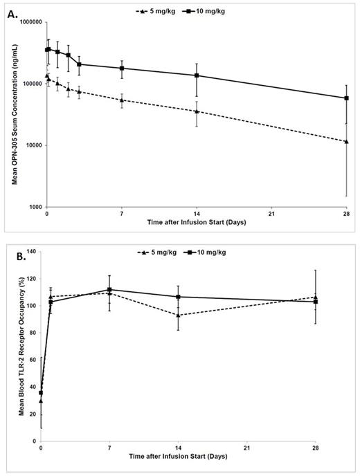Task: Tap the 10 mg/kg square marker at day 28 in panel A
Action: [346, 98]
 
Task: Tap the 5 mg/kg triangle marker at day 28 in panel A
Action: [346, 141]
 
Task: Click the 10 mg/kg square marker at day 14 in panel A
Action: [197, 75]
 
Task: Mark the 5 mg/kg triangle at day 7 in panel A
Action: [122, 100]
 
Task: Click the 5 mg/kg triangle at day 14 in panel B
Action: [197, 315]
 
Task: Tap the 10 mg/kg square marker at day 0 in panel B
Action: [42, 392]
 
